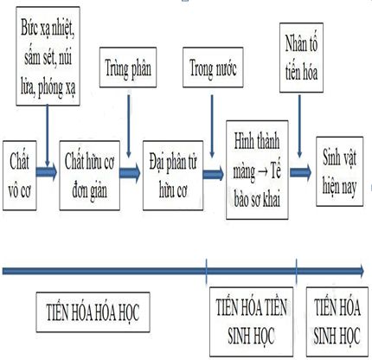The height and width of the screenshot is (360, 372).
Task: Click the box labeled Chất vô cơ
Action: pos(20,176)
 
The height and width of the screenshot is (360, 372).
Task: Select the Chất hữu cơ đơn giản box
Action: pos(90,176)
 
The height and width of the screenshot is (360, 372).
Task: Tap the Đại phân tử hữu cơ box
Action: pos(173,176)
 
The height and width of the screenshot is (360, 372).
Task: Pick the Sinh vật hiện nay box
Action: pos(340,171)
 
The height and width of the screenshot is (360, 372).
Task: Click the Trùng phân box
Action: pos(128,67)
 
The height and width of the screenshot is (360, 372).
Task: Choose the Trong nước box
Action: pos(213,67)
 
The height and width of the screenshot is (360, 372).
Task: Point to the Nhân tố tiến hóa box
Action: pos(301,58)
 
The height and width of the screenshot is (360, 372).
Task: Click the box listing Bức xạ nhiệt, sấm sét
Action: pos(48,56)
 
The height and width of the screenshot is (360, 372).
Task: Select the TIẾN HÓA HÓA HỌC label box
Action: pos(93,312)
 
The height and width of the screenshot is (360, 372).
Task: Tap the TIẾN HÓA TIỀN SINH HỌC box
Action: pos(252,322)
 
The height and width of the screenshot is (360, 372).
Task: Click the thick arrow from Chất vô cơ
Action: pos(47,172)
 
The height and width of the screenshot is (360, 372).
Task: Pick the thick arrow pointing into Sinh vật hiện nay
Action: pos(301,172)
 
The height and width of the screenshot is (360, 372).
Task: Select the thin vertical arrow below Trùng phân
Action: pos(129,124)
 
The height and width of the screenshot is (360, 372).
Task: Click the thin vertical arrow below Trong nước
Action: pos(212,126)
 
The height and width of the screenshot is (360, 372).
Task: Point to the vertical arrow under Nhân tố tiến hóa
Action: pos(299,126)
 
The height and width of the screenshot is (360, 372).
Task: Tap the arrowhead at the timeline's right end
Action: pos(362,271)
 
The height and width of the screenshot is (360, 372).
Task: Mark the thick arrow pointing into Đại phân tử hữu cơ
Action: pos(130,173)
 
